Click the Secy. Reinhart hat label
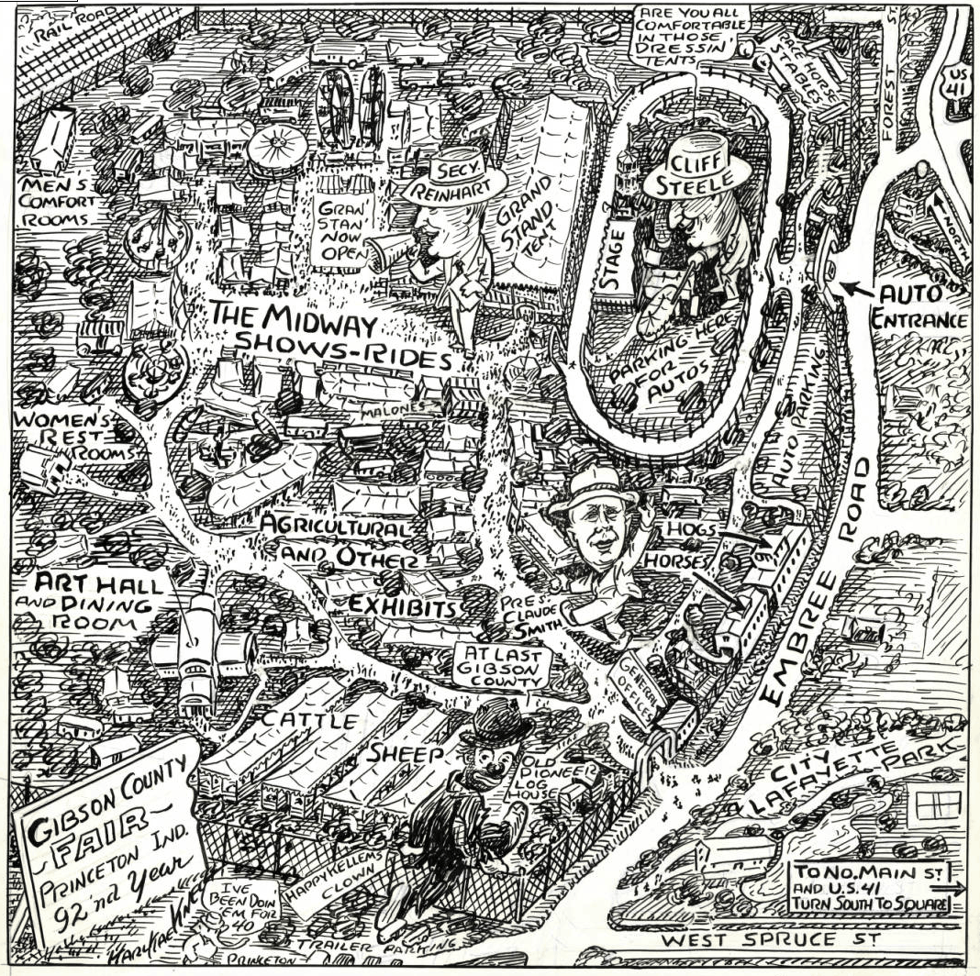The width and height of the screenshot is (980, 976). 455,180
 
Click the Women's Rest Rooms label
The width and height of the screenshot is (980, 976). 76,438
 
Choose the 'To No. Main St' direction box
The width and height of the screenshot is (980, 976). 870,886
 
